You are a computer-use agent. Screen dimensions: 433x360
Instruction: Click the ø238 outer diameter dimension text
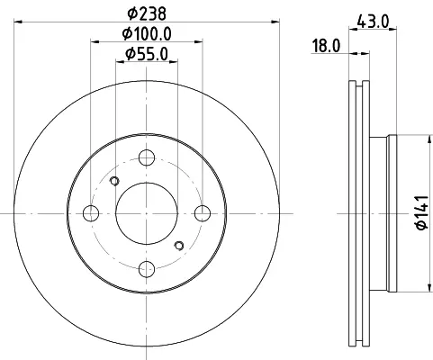(147, 13)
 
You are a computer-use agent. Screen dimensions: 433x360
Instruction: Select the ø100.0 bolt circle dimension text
(147, 34)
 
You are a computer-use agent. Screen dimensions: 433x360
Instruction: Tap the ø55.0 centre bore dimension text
(147, 54)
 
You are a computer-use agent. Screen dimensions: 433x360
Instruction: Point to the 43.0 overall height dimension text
(373, 22)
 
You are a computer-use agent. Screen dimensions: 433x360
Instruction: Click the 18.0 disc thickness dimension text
(326, 46)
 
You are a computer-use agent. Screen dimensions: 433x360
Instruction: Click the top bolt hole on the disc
(147, 157)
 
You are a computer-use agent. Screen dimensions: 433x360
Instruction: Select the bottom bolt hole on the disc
(147, 269)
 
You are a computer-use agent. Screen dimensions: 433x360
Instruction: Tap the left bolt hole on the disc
(91, 213)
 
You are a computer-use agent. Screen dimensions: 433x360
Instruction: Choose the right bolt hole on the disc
(203, 213)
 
